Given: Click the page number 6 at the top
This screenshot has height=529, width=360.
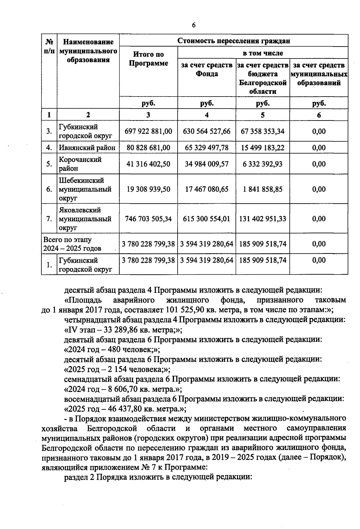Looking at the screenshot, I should click(x=193, y=25).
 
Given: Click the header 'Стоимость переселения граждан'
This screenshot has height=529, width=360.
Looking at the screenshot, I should click(x=233, y=41).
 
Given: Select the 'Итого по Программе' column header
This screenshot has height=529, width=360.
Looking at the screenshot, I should click(x=148, y=59).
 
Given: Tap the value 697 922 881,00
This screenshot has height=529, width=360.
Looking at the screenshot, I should click(x=148, y=131).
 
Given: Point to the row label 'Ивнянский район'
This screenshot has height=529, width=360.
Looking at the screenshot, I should click(x=87, y=148).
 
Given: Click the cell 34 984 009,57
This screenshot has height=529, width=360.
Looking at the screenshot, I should click(x=207, y=164).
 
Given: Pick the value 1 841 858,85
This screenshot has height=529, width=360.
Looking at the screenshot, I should click(x=262, y=189).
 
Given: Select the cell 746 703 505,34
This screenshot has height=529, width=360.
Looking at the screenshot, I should click(x=148, y=219).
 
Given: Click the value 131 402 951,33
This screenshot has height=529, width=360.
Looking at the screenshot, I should click(x=262, y=219).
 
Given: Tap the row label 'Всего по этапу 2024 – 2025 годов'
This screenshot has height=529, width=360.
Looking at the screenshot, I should click(x=72, y=244).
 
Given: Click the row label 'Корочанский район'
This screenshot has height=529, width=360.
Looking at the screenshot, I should click(x=80, y=164).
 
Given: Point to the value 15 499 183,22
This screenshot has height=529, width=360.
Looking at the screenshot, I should click(x=262, y=148).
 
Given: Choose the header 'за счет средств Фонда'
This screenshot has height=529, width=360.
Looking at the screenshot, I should click(x=207, y=70).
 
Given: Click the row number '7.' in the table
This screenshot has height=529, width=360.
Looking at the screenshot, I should click(x=49, y=219).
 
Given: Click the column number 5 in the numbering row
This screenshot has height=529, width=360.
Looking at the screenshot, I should click(x=262, y=115).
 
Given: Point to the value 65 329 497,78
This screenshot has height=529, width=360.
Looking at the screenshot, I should click(x=207, y=148).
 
